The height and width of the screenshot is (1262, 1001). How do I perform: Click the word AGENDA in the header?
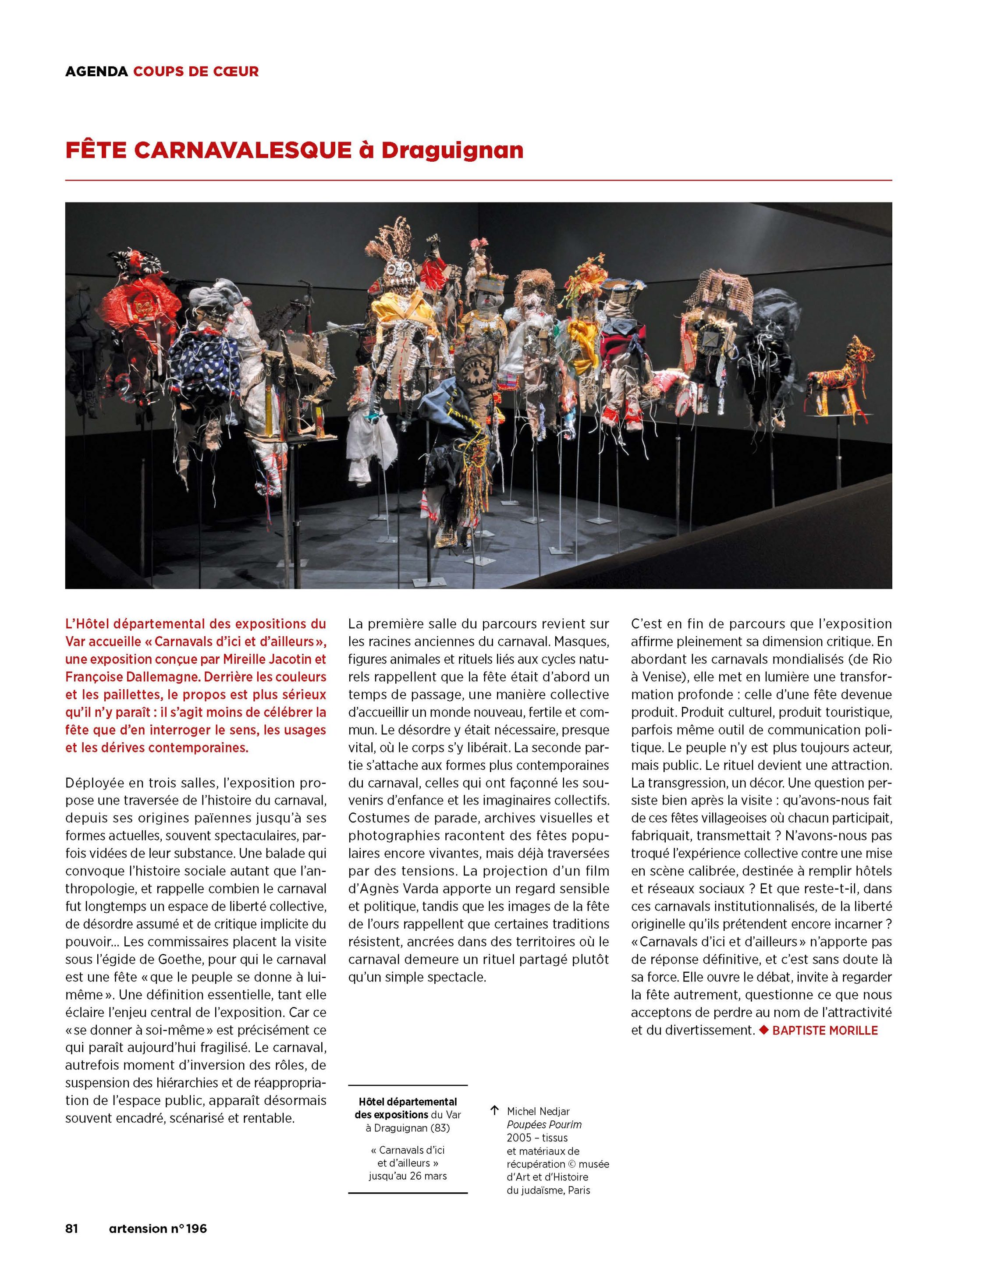click(96, 71)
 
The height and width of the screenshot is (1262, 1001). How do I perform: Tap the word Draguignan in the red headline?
click(452, 150)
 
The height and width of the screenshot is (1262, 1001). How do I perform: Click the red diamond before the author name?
click(763, 1030)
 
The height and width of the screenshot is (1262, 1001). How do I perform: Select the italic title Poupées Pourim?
click(544, 1124)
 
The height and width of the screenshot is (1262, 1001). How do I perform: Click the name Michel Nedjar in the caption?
click(538, 1111)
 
